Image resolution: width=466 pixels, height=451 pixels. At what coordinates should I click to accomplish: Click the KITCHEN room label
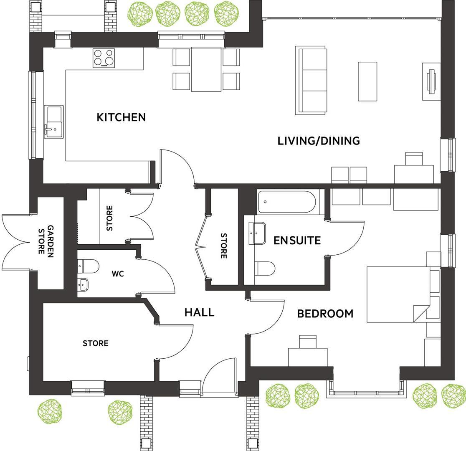pyautogui.click(x=121, y=117)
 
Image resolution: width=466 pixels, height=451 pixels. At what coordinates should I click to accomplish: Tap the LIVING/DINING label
pyautogui.click(x=319, y=141)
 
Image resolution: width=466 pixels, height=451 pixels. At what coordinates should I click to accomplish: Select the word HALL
pyautogui.click(x=200, y=312)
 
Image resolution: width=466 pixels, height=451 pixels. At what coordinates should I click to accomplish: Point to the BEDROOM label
pyautogui.click(x=325, y=314)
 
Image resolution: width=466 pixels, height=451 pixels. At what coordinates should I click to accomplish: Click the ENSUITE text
pyautogui.click(x=297, y=240)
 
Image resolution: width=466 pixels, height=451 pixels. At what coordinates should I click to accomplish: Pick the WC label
pyautogui.click(x=118, y=274)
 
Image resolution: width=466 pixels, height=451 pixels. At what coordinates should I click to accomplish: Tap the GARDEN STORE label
pyautogui.click(x=46, y=241)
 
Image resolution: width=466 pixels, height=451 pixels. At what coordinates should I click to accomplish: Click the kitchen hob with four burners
pyautogui.click(x=104, y=58)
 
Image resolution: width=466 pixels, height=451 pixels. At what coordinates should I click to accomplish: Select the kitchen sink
pyautogui.click(x=54, y=122)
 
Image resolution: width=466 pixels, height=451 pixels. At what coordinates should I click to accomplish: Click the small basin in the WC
pyautogui.click(x=83, y=285)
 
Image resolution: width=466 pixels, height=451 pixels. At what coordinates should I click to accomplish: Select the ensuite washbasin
pyautogui.click(x=257, y=233)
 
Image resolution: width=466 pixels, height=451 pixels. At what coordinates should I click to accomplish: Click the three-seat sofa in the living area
pyautogui.click(x=311, y=80)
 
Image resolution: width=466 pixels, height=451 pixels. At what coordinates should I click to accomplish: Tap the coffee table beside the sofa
pyautogui.click(x=367, y=81)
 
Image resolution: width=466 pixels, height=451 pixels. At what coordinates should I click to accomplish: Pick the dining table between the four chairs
pyautogui.click(x=206, y=69)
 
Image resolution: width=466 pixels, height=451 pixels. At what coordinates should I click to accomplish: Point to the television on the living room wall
pyautogui.click(x=431, y=81)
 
